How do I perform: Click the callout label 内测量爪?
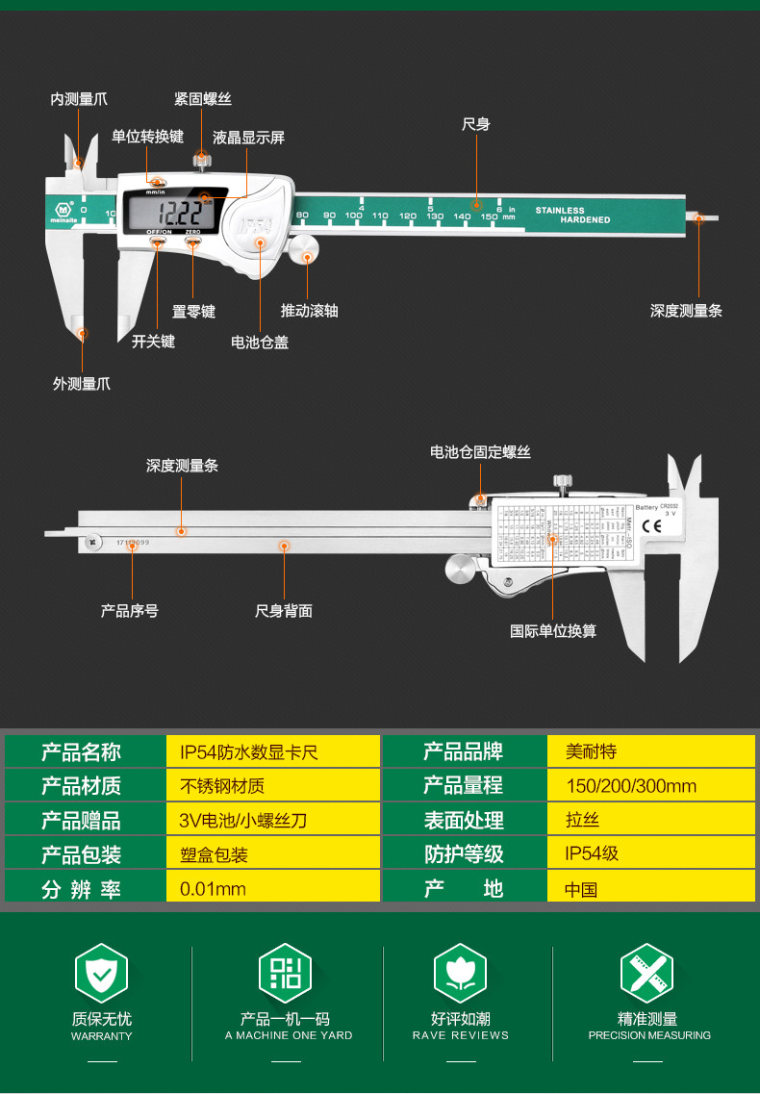pyautogui.click(x=79, y=99)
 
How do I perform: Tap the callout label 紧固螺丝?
pyautogui.click(x=202, y=99)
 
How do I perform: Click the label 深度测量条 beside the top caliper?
pyautogui.click(x=686, y=311)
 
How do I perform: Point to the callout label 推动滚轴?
pyautogui.click(x=309, y=311)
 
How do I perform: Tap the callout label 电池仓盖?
pyautogui.click(x=259, y=342)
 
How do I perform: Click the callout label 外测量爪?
pyautogui.click(x=81, y=384)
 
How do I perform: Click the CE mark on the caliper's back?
pyautogui.click(x=650, y=525)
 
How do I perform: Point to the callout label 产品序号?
pyautogui.click(x=129, y=611)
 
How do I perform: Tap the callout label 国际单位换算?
pyautogui.click(x=552, y=631)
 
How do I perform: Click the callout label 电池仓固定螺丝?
pyautogui.click(x=480, y=452)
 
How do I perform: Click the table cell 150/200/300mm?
pyautogui.click(x=631, y=786)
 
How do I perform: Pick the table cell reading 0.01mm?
pyautogui.click(x=213, y=889)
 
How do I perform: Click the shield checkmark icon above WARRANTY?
pyautogui.click(x=101, y=973)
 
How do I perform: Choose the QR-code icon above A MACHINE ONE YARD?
pyautogui.click(x=286, y=973)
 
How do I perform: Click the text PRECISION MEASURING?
pyautogui.click(x=649, y=1035)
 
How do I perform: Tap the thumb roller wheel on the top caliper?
pyautogui.click(x=306, y=251)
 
